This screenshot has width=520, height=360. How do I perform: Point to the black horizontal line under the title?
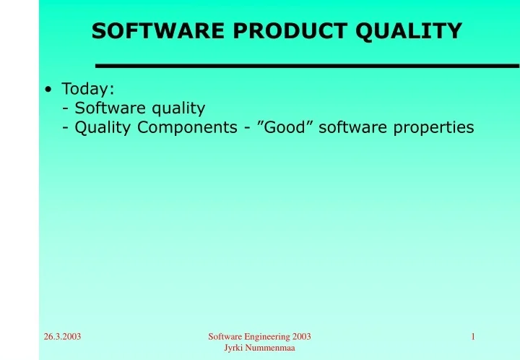pyautogui.click(x=307, y=66)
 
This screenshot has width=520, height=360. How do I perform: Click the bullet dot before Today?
pyautogui.click(x=47, y=90)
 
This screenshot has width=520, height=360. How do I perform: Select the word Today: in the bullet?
pyautogui.click(x=87, y=89)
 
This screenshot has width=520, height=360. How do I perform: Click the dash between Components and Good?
pyautogui.click(x=247, y=128)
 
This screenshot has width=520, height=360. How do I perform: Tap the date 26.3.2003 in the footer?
pyautogui.click(x=62, y=337)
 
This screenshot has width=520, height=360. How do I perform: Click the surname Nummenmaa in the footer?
pyautogui.click(x=271, y=348)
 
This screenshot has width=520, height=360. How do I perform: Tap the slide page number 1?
pyautogui.click(x=472, y=337)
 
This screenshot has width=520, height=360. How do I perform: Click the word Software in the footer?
pyautogui.click(x=225, y=337)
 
